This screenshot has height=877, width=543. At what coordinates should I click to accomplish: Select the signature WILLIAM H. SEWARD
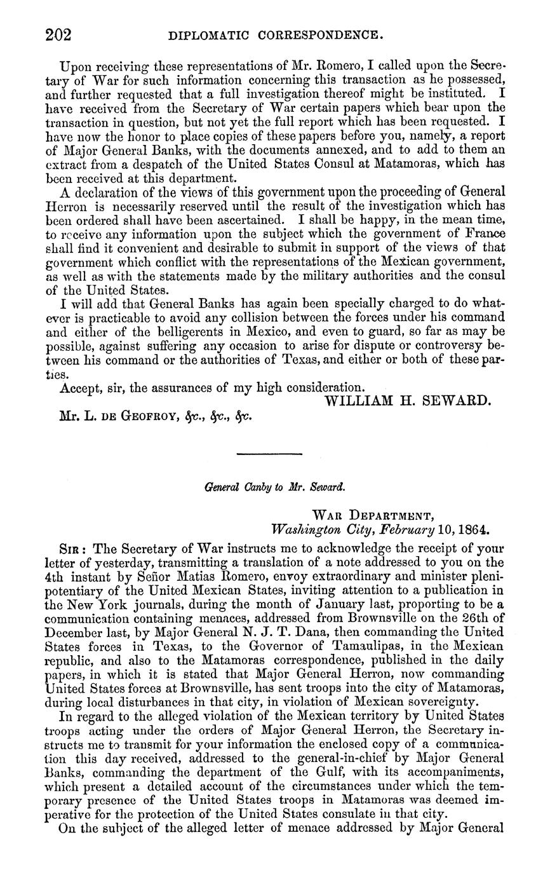point(409,400)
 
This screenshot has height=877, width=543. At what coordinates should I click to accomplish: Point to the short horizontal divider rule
point(269,454)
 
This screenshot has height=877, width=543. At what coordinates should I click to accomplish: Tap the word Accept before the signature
point(83,387)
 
